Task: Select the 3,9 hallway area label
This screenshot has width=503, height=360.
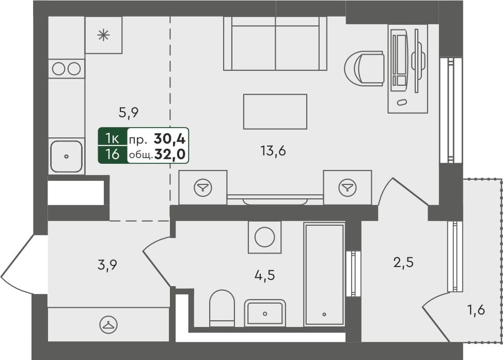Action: coord(107,265)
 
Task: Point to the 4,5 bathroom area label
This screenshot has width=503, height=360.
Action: coord(264,275)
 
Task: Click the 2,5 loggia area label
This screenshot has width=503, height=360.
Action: coord(403,262)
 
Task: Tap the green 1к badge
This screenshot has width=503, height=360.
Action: coord(113,138)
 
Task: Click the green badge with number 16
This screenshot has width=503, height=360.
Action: coord(113,154)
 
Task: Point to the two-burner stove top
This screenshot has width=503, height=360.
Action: coord(67,68)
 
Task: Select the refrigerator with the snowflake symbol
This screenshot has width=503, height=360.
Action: coord(104,35)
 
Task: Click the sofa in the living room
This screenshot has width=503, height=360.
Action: coord(275,43)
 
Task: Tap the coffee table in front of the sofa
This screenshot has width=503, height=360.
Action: coord(275,112)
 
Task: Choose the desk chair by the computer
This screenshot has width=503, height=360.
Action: coord(365,68)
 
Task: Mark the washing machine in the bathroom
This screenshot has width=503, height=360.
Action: coord(265,238)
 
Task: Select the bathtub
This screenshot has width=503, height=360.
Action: coord(324,274)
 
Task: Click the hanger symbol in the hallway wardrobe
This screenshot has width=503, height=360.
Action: coord(108,324)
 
